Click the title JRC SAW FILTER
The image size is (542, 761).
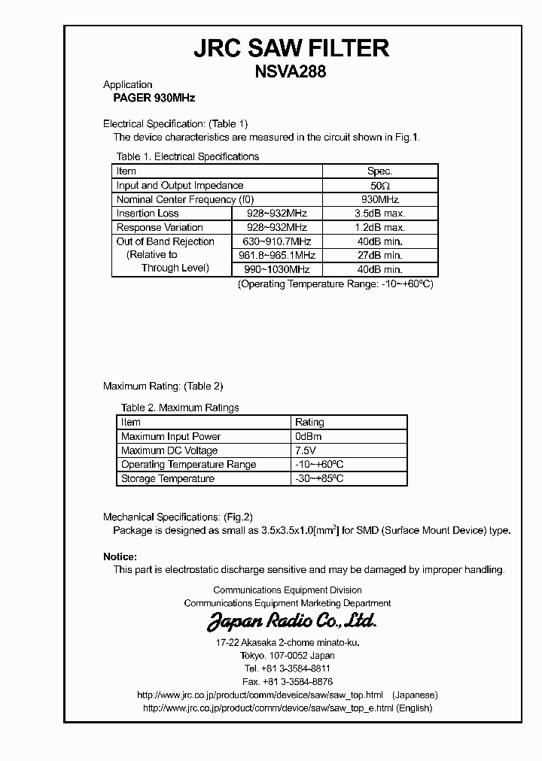(291, 49)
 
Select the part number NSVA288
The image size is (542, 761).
(291, 72)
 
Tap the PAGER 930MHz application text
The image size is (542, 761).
(149, 98)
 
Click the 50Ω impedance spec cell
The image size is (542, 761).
(379, 186)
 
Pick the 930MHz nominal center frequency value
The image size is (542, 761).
(379, 199)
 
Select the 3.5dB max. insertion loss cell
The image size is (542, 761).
(379, 214)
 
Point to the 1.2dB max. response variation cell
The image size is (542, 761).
(379, 227)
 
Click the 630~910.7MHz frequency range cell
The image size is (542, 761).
(276, 241)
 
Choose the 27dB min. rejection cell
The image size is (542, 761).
(379, 255)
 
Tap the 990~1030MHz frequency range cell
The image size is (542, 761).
(276, 269)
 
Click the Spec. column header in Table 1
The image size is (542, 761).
(379, 171)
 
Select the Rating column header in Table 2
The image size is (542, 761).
(309, 423)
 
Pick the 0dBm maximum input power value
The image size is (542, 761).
(310, 437)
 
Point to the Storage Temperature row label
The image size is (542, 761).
(168, 479)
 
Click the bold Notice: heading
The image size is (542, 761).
(120, 556)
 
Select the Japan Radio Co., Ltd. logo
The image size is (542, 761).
(291, 622)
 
